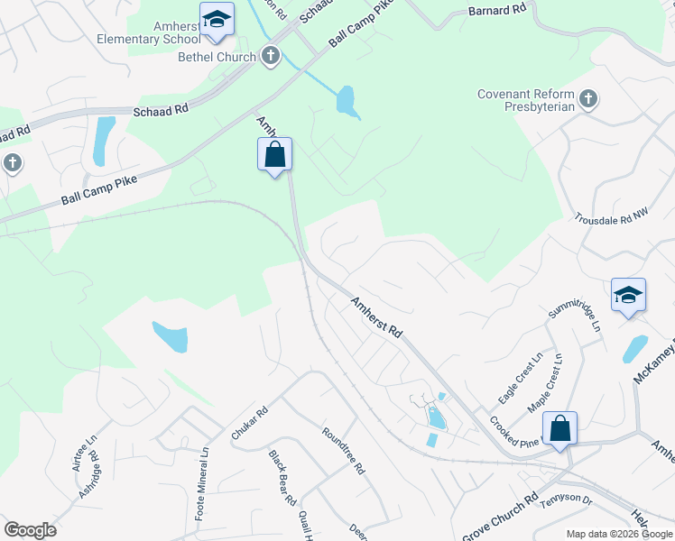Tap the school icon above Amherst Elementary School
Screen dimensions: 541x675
[x=217, y=21]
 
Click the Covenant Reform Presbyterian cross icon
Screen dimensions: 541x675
[x=588, y=98]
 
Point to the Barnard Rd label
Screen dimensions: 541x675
[x=495, y=12]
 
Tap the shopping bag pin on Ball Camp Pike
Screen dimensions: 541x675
[x=275, y=155]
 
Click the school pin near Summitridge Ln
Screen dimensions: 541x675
[x=628, y=296]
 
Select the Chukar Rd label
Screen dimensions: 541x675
[x=250, y=423]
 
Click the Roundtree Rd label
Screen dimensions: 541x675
[x=344, y=450]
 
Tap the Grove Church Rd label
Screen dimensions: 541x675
[x=499, y=517]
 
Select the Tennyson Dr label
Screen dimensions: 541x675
[x=564, y=500]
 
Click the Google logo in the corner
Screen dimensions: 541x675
[x=30, y=529]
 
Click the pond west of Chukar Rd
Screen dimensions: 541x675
[x=170, y=337]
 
